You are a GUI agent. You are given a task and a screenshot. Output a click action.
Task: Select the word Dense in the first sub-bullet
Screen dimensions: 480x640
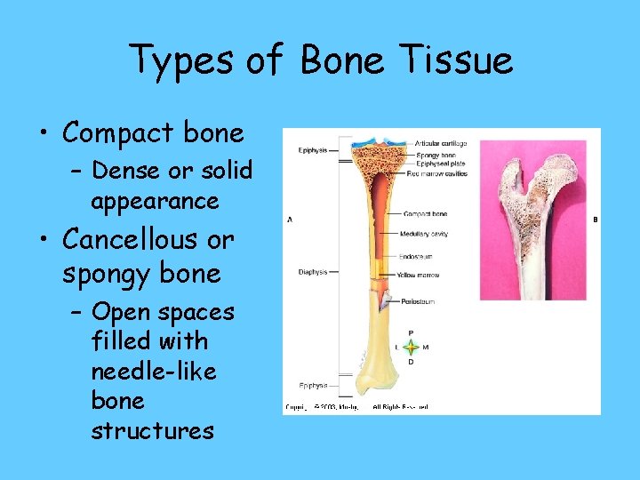point(123,170)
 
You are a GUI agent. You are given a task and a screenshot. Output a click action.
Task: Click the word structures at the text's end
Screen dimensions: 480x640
point(152,431)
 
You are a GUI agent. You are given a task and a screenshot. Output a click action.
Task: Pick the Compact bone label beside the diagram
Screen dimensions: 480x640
point(425,214)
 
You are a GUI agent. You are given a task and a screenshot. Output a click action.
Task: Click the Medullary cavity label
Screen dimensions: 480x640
point(426,234)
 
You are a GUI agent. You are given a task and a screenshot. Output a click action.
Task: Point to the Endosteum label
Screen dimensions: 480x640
point(416,256)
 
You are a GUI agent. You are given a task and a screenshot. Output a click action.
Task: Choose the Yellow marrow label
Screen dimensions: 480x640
point(419,276)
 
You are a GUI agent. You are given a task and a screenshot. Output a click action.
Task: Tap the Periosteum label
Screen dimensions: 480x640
point(416,302)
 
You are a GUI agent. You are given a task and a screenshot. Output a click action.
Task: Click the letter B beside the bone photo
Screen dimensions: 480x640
point(595,220)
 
